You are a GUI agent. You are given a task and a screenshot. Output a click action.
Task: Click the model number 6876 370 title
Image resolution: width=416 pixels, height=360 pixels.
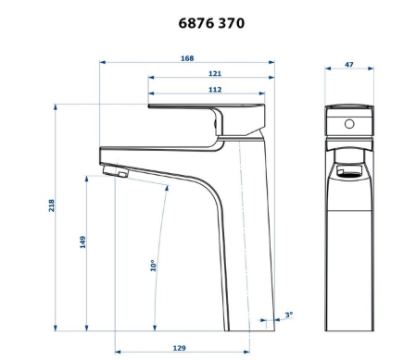[x=211, y=23]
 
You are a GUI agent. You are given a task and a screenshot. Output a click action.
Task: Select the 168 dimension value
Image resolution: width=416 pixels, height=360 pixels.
[x=187, y=58]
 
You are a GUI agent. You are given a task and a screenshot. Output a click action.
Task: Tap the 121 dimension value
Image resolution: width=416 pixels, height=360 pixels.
[x=215, y=73]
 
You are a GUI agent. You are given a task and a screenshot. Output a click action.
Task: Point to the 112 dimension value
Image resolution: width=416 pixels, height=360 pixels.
[x=215, y=90]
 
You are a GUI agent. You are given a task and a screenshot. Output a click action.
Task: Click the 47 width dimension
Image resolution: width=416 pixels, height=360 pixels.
[x=349, y=65]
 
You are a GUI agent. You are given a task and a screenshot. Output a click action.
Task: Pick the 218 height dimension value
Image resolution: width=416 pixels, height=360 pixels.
[x=51, y=205]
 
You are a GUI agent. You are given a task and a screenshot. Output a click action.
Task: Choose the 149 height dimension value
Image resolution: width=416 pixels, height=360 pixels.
[x=82, y=242]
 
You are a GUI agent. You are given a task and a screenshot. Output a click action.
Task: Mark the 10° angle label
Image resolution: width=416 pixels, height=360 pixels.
[x=153, y=266]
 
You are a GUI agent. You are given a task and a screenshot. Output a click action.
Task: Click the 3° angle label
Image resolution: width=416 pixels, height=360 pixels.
[x=289, y=315]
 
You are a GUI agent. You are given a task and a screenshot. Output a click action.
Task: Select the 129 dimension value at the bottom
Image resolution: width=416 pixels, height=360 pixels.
[x=179, y=348]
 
